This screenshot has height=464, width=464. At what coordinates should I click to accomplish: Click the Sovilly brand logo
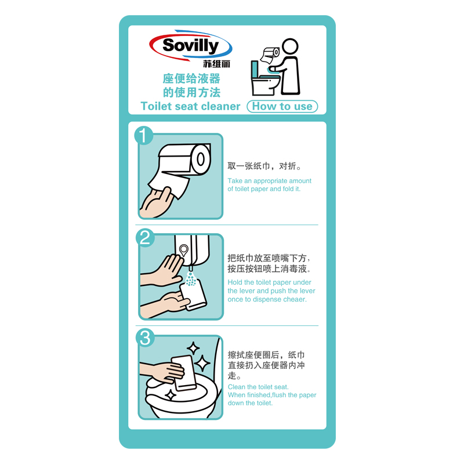point(191,45)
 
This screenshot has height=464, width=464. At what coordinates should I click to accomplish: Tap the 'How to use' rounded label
point(282,107)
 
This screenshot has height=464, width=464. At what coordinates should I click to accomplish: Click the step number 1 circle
point(143,136)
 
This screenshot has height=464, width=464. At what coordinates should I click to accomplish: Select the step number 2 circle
point(145,237)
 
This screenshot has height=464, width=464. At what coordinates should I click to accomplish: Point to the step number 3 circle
point(145,338)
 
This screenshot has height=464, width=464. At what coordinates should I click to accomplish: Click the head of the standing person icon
point(290,46)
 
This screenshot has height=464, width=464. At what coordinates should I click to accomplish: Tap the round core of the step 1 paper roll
point(201,159)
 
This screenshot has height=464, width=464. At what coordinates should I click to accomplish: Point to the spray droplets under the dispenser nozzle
point(191,279)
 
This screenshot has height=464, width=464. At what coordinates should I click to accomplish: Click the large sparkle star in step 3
point(202,363)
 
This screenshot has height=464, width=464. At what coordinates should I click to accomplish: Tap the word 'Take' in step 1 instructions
point(235,181)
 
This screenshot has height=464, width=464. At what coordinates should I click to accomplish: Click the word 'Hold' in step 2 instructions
point(235,282)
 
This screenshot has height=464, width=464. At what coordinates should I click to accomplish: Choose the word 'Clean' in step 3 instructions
point(237,387)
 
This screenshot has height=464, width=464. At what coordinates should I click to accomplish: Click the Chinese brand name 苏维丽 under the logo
point(216,64)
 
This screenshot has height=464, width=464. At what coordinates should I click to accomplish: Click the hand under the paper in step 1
point(156,202)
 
